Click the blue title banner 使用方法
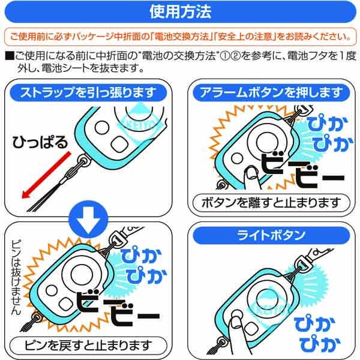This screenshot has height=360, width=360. pyautogui.click(x=179, y=11)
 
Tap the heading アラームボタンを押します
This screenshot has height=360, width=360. pyautogui.click(x=273, y=92)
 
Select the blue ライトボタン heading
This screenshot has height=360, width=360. pyautogui.click(x=273, y=235)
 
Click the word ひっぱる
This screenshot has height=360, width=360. pyautogui.click(x=41, y=142)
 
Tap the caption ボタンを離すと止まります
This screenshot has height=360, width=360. pyautogui.click(x=273, y=202)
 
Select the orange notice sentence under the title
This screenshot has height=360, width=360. pyautogui.click(x=179, y=37)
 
